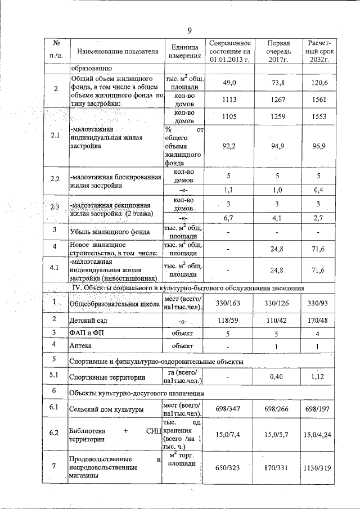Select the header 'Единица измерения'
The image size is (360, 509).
183,51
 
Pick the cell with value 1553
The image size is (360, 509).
318,115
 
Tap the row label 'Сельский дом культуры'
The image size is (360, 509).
104,409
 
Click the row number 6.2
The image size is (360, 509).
55,433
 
